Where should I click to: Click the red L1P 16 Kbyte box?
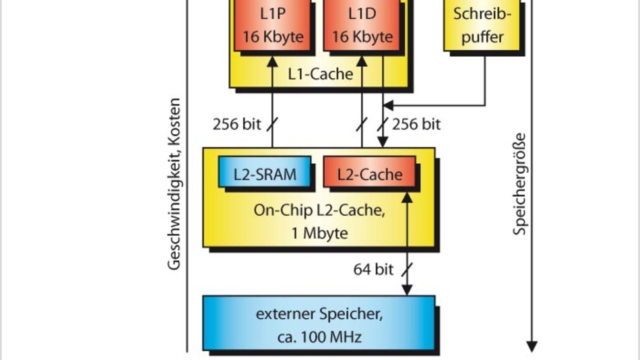coord(273,25)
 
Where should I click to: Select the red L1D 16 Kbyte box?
coord(362,25)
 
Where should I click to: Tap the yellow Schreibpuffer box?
coord(482,25)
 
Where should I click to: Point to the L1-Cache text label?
coord(320,73)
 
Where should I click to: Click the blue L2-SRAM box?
coord(265,174)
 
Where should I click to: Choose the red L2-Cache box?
coord(369,174)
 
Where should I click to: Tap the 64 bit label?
coord(373,270)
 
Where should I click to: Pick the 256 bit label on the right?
coord(416,124)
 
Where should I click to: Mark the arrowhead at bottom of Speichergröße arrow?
coord(532,346)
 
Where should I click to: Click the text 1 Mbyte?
coord(319,234)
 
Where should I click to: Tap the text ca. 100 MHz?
coord(319,336)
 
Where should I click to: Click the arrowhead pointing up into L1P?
coord(273,61)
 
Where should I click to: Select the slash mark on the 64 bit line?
coord(406,270)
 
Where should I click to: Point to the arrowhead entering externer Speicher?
coord(407,290)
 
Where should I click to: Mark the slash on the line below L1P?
coord(273,124)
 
